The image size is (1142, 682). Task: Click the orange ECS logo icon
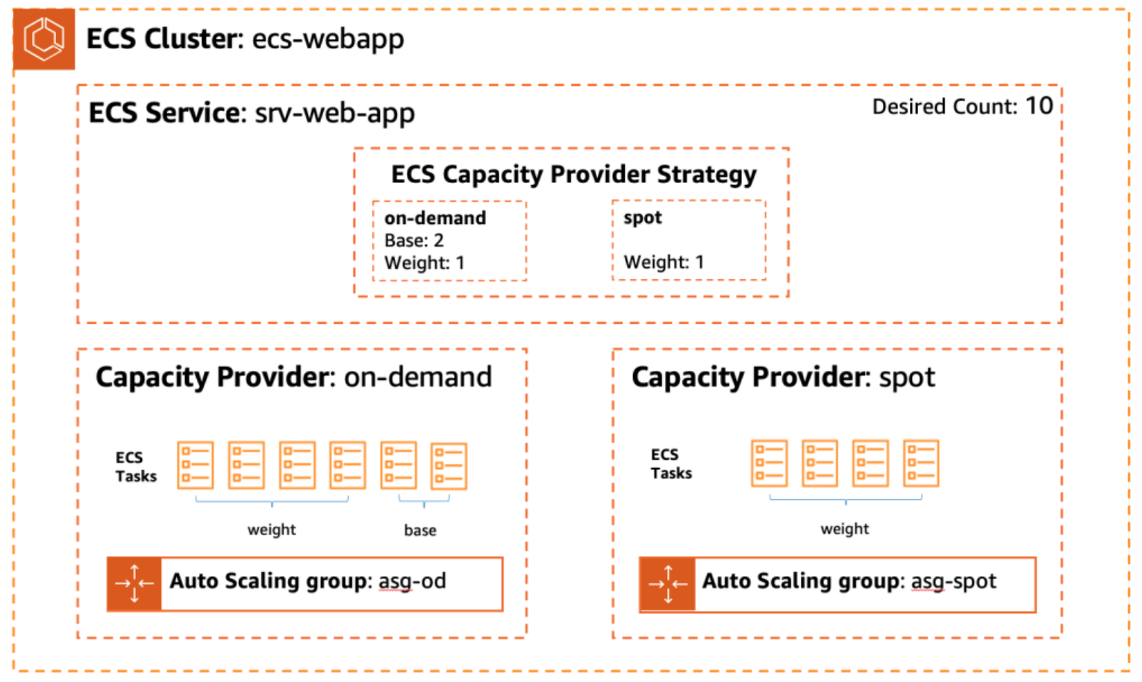[x=43, y=39]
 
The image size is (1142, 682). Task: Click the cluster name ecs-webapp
[x=328, y=39]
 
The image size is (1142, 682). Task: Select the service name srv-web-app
[x=334, y=113]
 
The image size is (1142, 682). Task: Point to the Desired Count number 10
[x=1038, y=106]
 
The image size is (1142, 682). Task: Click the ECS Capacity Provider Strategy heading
[x=573, y=175]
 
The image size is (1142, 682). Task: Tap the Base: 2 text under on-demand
[x=414, y=240]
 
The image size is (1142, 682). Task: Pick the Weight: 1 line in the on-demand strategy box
[x=424, y=263]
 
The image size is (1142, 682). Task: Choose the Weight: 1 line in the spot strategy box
[x=664, y=262]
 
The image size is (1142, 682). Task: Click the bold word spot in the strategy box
[x=642, y=218]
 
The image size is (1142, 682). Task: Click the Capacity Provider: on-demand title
[x=293, y=377]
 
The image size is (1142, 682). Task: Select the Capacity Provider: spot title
[x=782, y=377]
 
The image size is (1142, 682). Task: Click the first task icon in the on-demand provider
[x=196, y=465]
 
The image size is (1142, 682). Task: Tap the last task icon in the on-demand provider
[x=449, y=466]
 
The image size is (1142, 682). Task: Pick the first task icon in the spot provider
[x=770, y=463]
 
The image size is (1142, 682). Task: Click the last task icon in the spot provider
[x=921, y=463]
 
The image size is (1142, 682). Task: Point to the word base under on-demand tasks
[x=419, y=531]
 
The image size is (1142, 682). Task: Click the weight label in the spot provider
[x=844, y=529]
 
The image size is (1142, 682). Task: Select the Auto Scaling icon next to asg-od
[x=134, y=584]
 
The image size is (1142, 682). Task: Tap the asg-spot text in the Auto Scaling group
[x=953, y=581]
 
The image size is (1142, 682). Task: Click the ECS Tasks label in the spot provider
[x=670, y=463]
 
